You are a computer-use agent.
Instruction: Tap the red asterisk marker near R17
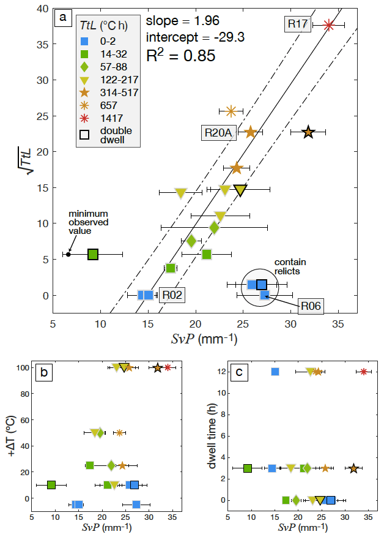click(x=329, y=25)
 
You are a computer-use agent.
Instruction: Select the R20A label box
click(x=218, y=132)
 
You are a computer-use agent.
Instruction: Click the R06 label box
click(x=311, y=306)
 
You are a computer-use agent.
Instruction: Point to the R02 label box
click(x=172, y=295)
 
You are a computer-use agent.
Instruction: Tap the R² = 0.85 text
click(x=182, y=56)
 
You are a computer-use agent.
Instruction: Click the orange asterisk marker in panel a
click(x=231, y=111)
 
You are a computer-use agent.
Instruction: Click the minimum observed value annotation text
click(x=89, y=222)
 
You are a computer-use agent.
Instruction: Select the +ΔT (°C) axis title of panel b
click(x=13, y=432)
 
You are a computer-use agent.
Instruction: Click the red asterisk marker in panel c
click(x=364, y=372)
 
